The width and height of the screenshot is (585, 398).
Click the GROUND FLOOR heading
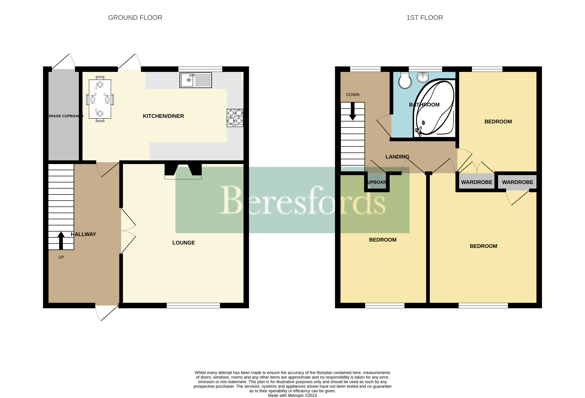point(135,18)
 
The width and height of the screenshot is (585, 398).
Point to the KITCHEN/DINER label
point(163,116)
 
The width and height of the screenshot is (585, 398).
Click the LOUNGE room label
point(183,243)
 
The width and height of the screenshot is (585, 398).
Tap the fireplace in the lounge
point(183,171)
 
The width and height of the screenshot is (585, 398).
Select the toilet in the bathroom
point(405,81)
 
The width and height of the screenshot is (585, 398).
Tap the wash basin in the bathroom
point(423,77)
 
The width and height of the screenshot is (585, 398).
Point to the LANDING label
point(397,157)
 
